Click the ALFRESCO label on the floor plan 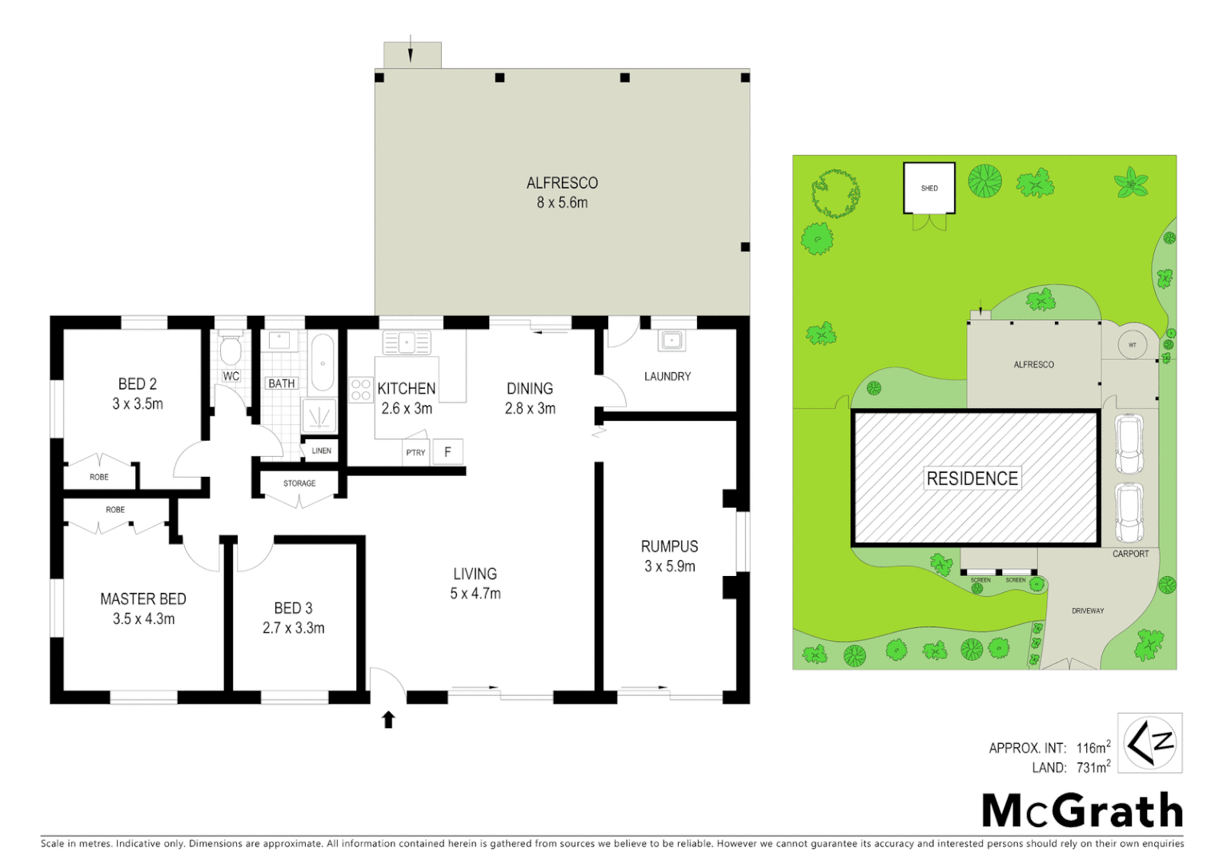click(x=562, y=183)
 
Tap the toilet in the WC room click(x=231, y=350)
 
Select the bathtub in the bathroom click(x=323, y=362)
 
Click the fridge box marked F click(x=447, y=452)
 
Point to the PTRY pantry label click(x=415, y=453)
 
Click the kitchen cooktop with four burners click(x=360, y=390)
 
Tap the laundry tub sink click(x=671, y=341)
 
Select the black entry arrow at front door click(x=388, y=719)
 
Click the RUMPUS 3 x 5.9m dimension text click(x=670, y=566)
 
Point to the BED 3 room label click(x=293, y=608)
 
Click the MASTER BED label click(x=143, y=598)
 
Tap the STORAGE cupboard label click(x=299, y=483)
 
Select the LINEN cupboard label click(x=321, y=450)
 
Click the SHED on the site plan click(x=929, y=188)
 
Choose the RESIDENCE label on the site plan click(x=972, y=478)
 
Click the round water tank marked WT click(x=1132, y=345)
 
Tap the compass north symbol click(x=1149, y=743)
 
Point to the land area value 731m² click(x=1093, y=767)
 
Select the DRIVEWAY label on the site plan click(x=1088, y=610)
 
